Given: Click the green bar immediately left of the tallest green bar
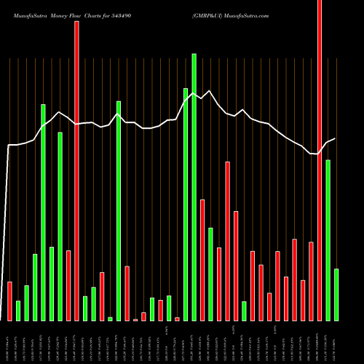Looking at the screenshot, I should pyautogui.click(x=186, y=205).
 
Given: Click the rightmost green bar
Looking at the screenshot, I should pyautogui.click(x=336, y=295).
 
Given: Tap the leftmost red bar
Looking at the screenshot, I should pyautogui.click(x=9, y=301).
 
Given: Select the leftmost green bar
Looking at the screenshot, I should pyautogui.click(x=18, y=311).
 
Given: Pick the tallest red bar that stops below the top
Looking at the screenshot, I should pyautogui.click(x=228, y=241).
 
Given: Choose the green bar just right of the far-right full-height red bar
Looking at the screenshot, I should pyautogui.click(x=328, y=240).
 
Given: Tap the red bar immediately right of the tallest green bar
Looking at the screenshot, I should pyautogui.click(x=202, y=260).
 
